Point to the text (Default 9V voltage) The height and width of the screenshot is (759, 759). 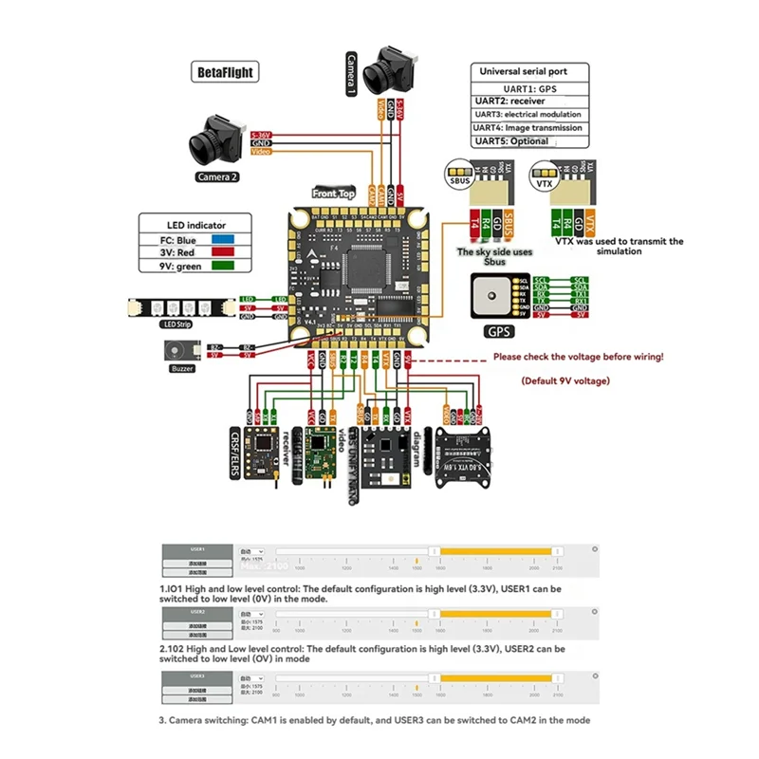click(566, 379)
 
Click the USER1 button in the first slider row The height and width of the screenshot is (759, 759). click(197, 548)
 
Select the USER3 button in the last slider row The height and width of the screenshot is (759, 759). click(197, 676)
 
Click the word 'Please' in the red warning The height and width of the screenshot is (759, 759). click(509, 358)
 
